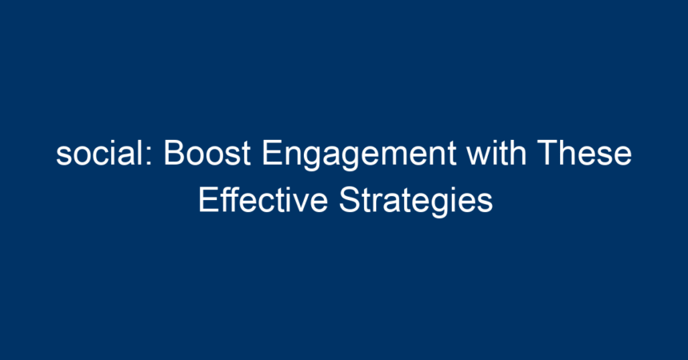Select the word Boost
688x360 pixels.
[x=207, y=154]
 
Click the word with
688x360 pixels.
[x=496, y=153]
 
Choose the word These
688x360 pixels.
[x=584, y=154]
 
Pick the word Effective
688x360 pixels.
[x=263, y=200]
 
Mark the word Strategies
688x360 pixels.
[x=416, y=202]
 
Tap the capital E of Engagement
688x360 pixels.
[x=272, y=154]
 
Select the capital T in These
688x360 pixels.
[x=547, y=154]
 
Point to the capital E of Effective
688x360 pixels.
[x=209, y=200]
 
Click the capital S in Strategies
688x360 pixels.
[x=350, y=200]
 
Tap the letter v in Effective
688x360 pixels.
[x=303, y=204]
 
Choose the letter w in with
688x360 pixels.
[x=478, y=157]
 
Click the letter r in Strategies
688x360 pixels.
[x=374, y=204]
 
